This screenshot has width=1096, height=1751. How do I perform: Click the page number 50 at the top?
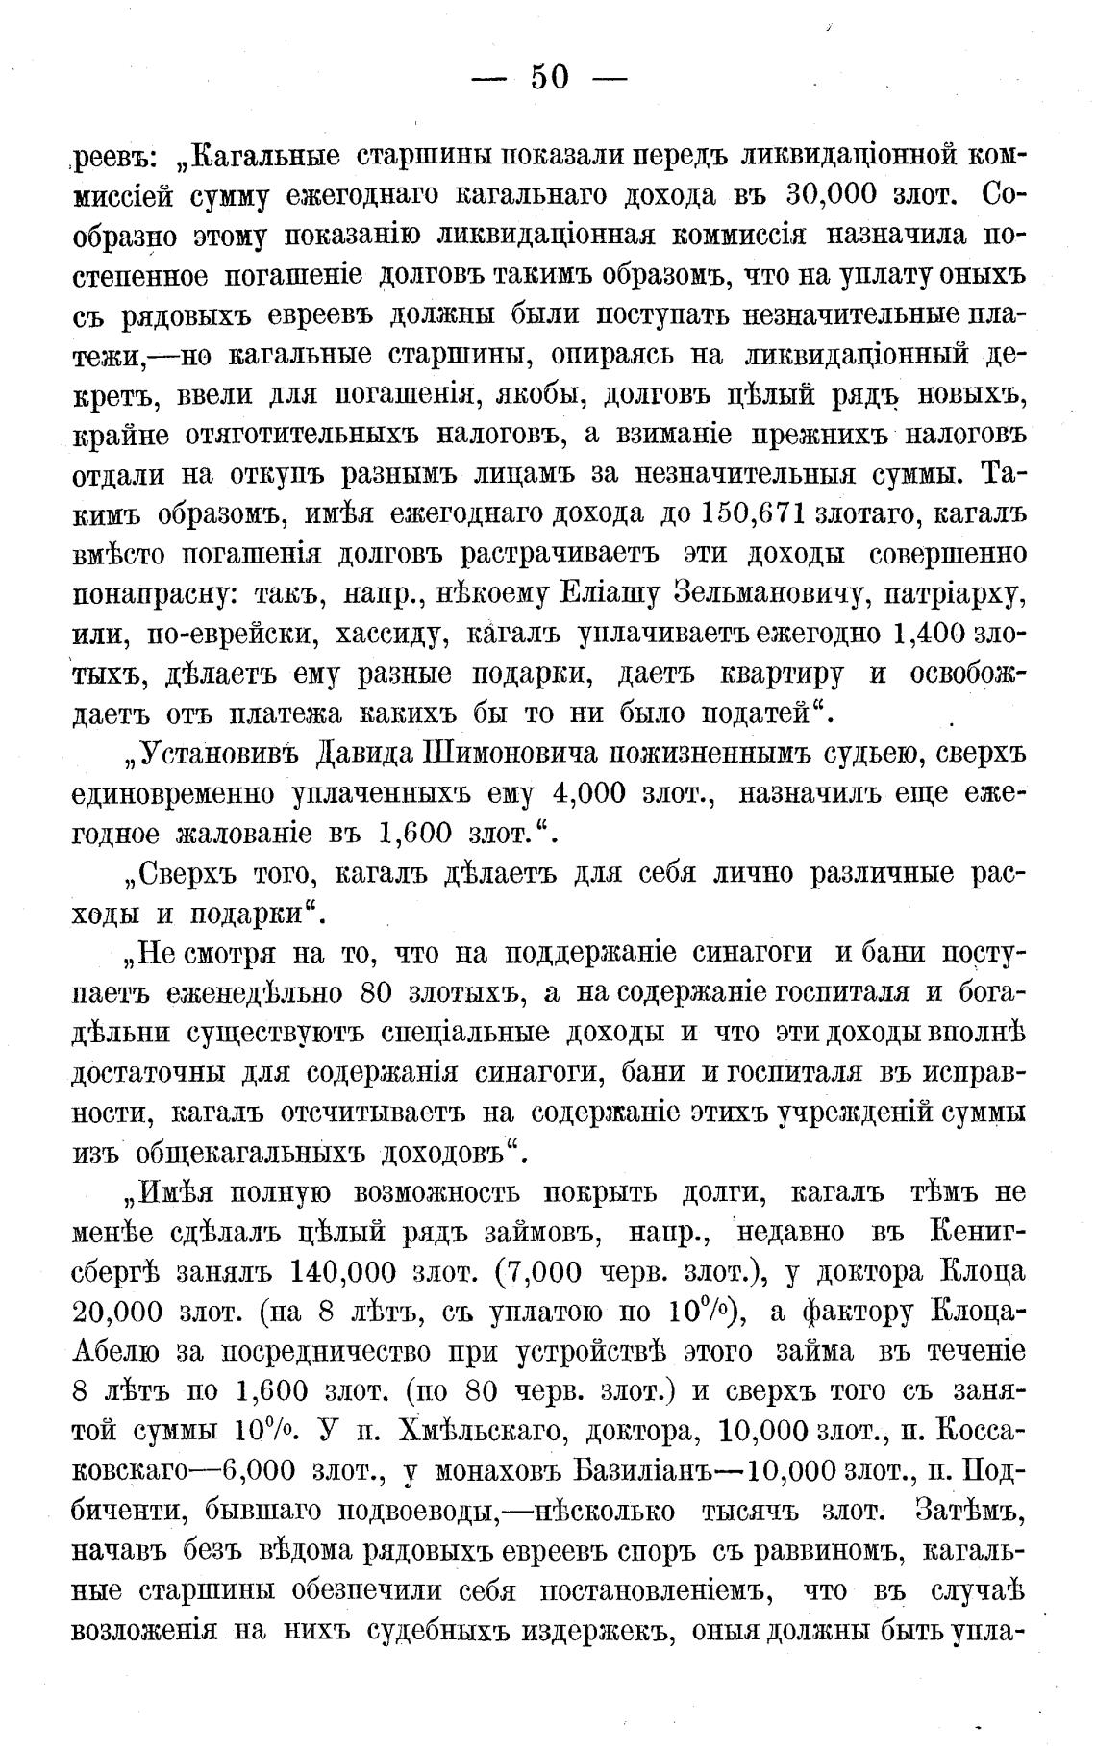pyautogui.click(x=550, y=77)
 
